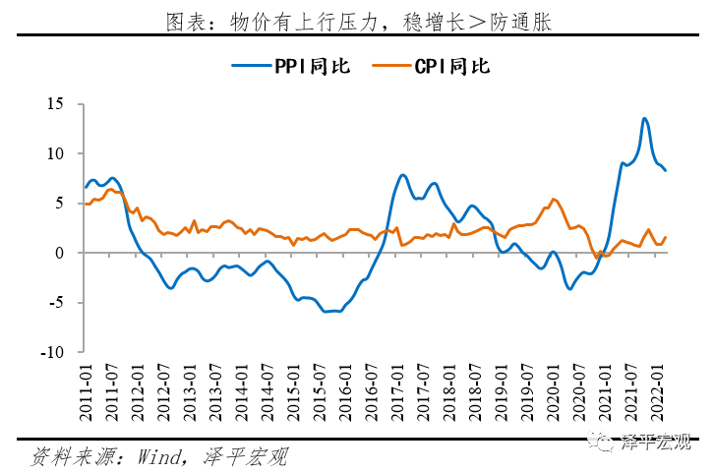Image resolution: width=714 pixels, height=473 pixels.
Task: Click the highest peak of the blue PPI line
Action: (644, 119)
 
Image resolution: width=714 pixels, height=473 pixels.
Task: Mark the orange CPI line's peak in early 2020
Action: (555, 200)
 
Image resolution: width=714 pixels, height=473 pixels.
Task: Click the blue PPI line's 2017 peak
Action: (403, 175)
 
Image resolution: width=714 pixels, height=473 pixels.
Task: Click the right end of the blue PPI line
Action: (666, 170)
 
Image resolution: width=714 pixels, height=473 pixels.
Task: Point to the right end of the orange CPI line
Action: (666, 237)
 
